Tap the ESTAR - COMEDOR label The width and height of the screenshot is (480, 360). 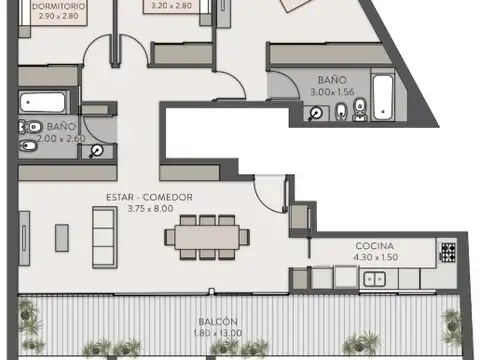[x=149, y=197]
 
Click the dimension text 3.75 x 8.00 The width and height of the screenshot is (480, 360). [x=149, y=209]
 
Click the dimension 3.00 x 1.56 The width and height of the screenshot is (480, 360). [x=332, y=91]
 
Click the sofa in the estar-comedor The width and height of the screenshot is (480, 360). [x=101, y=236]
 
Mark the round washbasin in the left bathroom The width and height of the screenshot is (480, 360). [x=96, y=151]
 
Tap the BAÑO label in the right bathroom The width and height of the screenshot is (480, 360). [x=332, y=79]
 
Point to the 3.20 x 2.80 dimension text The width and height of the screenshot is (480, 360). [x=170, y=6]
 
